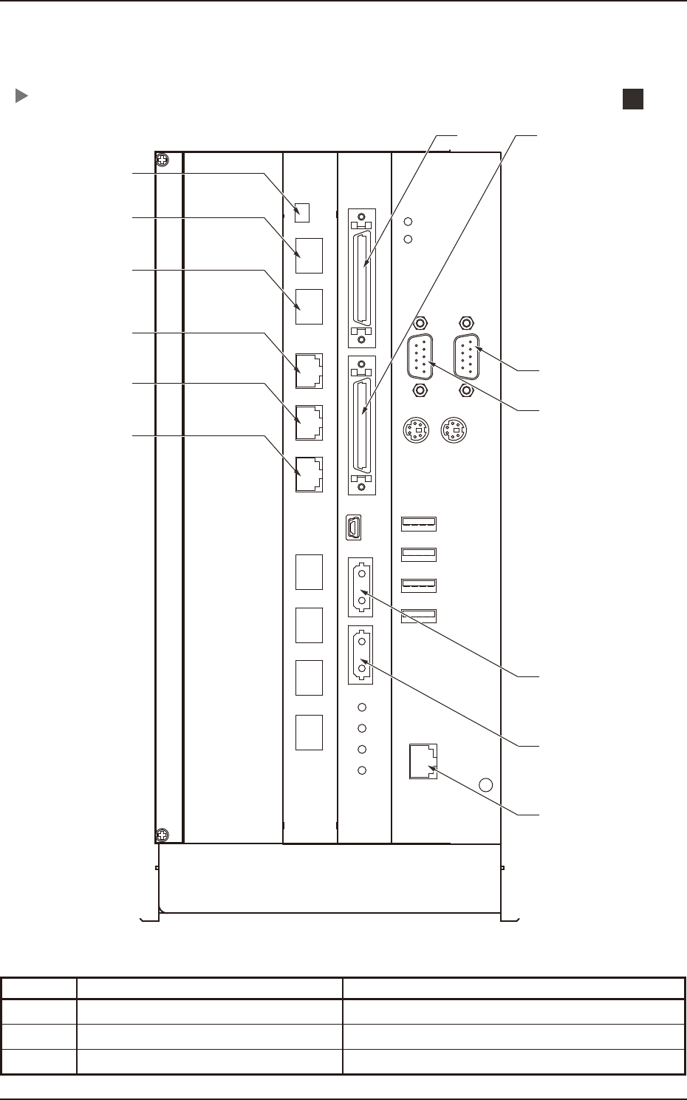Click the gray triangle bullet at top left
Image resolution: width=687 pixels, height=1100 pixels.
21,96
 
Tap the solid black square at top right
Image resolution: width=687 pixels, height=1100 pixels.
632,99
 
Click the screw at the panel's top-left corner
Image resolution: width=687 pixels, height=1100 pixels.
163,160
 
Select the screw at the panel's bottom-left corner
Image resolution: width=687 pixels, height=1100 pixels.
163,835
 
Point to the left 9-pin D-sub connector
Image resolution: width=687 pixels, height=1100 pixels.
420,357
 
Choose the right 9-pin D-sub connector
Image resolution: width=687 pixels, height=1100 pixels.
466,357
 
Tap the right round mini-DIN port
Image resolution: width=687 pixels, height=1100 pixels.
454,430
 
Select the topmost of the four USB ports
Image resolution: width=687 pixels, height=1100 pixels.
419,524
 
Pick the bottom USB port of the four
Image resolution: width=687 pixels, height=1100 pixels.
419,615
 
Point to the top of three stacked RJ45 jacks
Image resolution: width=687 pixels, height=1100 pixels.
309,371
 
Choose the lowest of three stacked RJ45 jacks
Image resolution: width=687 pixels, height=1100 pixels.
309,475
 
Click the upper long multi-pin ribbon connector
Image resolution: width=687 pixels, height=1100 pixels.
361,277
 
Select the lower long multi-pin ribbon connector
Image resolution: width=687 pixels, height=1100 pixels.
361,425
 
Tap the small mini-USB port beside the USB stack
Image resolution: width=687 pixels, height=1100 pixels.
353,527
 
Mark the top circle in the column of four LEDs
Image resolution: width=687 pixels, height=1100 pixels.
362,707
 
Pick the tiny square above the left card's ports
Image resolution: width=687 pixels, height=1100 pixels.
302,212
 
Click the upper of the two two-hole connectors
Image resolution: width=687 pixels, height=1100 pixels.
361,587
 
